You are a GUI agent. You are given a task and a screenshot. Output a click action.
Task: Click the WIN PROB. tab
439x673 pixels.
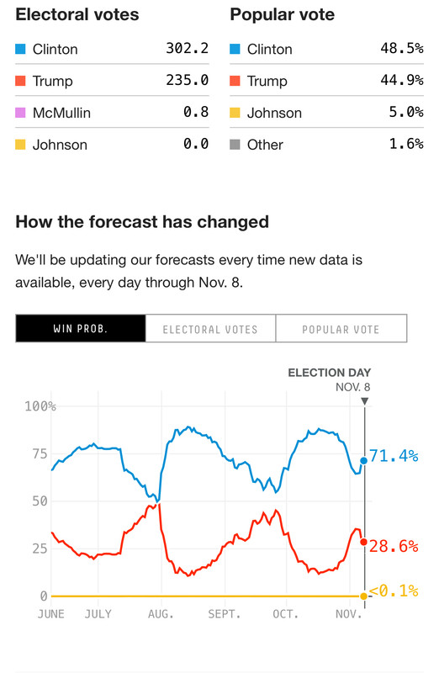(81, 329)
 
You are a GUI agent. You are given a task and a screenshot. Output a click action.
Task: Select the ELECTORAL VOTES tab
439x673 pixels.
(210, 329)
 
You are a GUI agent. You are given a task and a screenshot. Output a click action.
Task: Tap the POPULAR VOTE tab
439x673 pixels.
(341, 329)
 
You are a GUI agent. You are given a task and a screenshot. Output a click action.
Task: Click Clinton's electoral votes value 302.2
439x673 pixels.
(187, 49)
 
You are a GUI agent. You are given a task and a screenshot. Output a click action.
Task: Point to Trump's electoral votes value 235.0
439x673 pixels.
(187, 81)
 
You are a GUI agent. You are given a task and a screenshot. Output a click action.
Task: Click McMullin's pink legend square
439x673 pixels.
(21, 113)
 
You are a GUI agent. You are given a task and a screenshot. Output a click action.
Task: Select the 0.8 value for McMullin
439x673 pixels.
(196, 113)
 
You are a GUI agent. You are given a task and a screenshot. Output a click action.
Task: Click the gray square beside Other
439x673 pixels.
(235, 145)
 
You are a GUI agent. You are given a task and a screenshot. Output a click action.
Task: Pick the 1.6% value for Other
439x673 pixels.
(405, 145)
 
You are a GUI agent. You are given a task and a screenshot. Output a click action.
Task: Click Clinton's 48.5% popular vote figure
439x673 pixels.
(402, 49)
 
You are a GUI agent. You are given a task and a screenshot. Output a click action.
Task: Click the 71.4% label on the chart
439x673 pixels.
(394, 456)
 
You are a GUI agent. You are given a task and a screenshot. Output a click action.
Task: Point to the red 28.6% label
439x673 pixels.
(394, 546)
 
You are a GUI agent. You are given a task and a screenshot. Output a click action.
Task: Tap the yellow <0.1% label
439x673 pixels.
(394, 591)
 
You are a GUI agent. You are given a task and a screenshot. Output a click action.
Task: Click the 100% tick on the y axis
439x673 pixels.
(40, 406)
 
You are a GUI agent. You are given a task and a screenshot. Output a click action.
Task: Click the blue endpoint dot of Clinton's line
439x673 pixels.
(363, 460)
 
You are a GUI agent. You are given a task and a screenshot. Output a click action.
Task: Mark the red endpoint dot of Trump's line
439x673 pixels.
(363, 542)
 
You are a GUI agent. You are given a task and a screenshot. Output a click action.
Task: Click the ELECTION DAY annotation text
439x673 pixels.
(329, 373)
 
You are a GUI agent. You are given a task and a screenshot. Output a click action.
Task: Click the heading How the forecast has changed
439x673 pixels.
(142, 222)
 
